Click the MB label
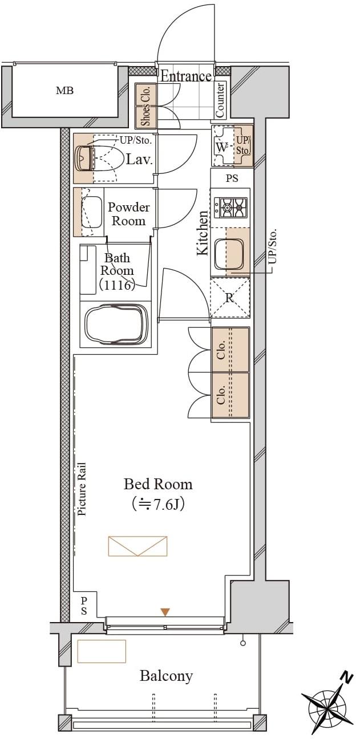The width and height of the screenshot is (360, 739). [64, 91]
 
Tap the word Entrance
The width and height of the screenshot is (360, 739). [186, 76]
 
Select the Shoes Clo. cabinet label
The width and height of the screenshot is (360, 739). [145, 105]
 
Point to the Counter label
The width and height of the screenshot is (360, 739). [220, 100]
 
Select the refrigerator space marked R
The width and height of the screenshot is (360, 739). [230, 298]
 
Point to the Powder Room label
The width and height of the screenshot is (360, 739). [129, 214]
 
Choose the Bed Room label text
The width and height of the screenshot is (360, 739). [158, 484]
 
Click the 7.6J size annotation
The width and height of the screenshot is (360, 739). [158, 504]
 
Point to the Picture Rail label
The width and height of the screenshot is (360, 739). [82, 488]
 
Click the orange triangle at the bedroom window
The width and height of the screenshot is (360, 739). [165, 612]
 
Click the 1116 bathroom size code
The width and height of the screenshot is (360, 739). [118, 285]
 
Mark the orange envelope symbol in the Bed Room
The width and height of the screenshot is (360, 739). [137, 546]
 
